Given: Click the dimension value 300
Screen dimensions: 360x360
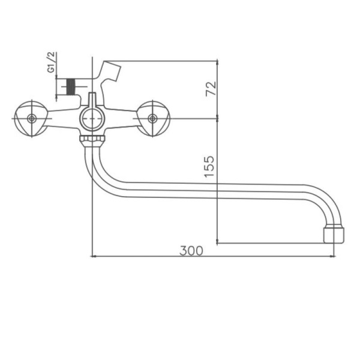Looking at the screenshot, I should [x=191, y=251].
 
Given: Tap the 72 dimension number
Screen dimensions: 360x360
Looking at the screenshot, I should [x=210, y=89].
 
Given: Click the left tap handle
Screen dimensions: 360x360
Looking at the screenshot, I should [x=29, y=118].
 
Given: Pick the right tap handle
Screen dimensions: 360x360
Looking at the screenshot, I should [x=152, y=118].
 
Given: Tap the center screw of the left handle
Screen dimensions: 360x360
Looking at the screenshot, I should [x=31, y=119].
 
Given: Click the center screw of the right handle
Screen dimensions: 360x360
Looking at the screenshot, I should [x=152, y=119].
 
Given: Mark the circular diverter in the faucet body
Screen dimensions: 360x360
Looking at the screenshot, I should [x=92, y=119].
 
